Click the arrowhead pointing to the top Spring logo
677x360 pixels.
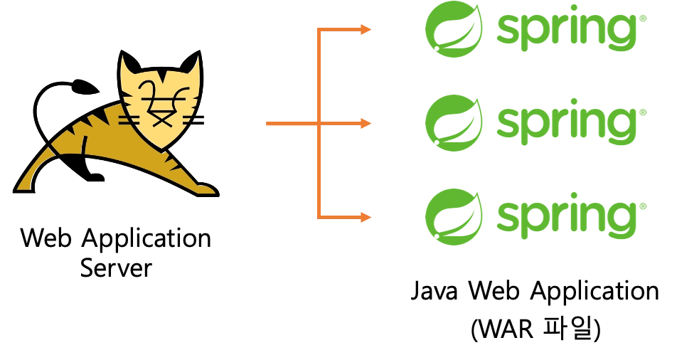tap(367, 30)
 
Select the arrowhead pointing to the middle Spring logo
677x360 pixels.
tap(366, 124)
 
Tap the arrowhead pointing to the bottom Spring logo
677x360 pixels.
tap(367, 217)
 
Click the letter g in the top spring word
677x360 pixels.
tap(620, 36)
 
